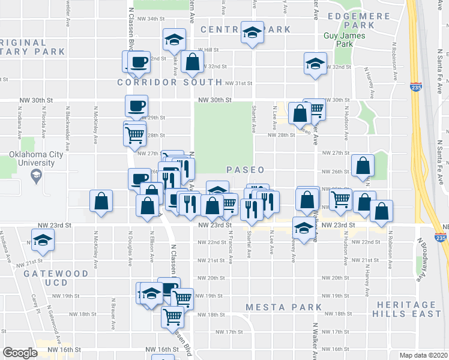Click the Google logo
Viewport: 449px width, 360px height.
tap(20, 353)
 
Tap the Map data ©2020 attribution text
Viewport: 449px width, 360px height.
tap(424, 355)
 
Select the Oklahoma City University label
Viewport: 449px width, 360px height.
tap(36, 159)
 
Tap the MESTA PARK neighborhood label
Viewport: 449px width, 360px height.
tap(284, 308)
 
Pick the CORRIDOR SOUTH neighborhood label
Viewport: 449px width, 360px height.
tap(170, 82)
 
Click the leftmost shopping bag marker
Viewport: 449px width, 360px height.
tap(101, 201)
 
